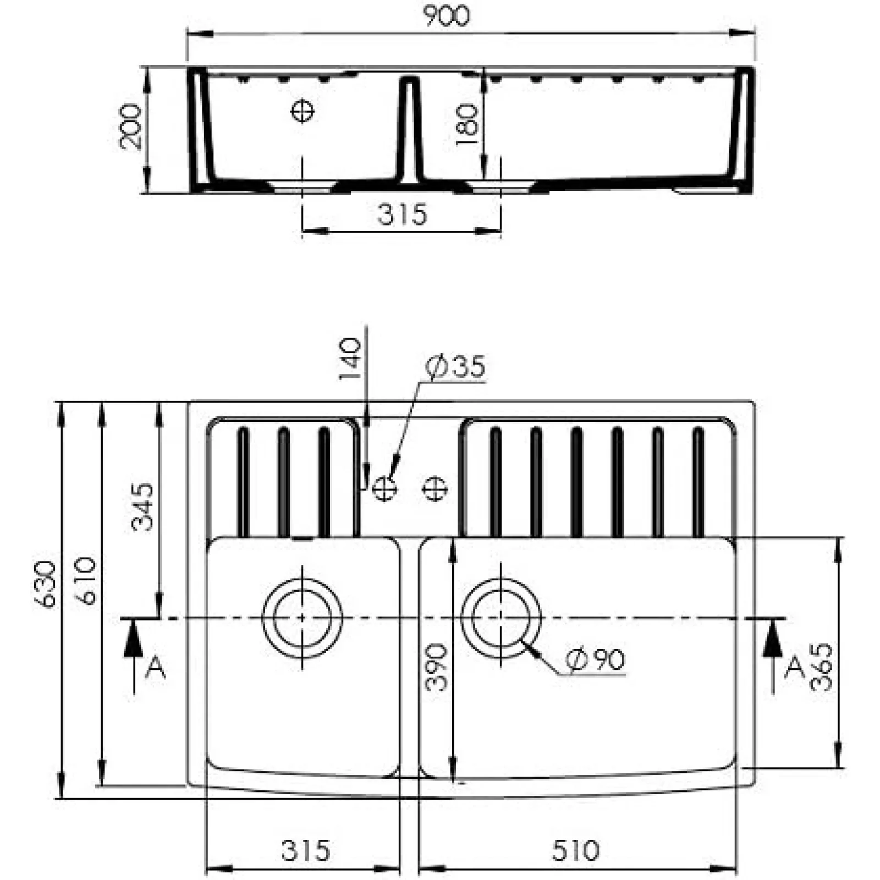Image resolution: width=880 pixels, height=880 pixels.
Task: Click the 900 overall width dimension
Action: (x=447, y=15)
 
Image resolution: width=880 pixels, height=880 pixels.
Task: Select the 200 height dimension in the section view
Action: (x=130, y=127)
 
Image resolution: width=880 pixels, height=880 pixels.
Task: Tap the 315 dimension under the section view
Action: (x=402, y=215)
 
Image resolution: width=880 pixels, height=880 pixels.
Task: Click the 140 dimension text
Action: (x=350, y=359)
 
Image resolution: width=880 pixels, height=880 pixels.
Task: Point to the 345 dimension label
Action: (x=142, y=506)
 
